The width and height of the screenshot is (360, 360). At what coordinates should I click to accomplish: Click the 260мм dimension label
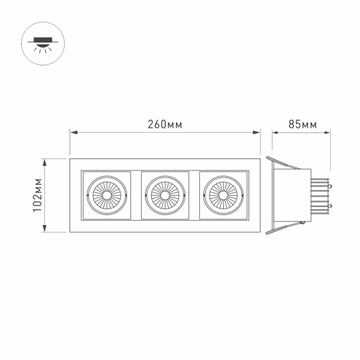click(x=165, y=125)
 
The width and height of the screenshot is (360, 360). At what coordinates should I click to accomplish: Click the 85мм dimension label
click(x=302, y=125)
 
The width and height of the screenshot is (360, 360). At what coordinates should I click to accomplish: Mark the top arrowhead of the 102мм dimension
click(x=45, y=161)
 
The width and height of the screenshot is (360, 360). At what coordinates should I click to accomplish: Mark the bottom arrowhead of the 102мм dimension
click(x=45, y=230)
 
